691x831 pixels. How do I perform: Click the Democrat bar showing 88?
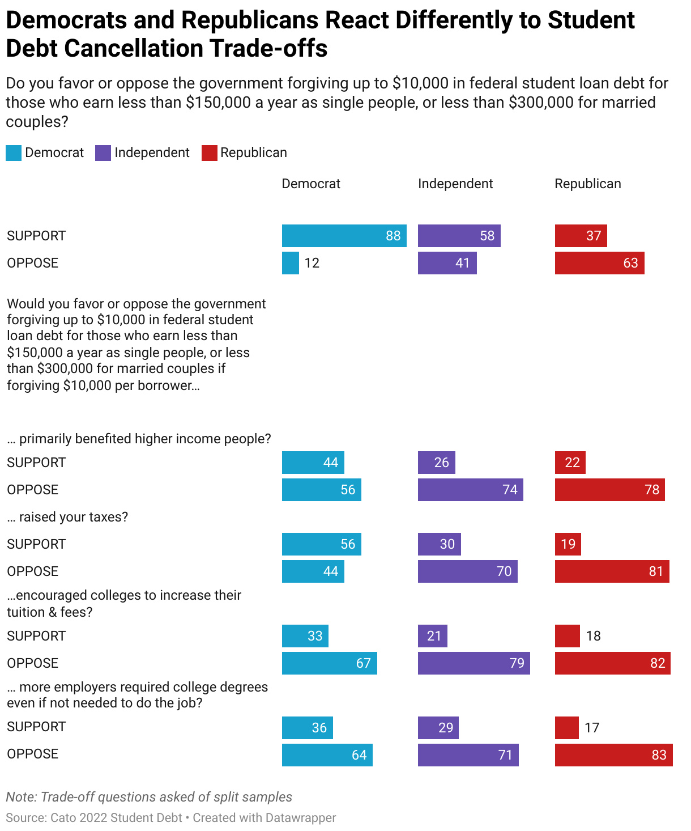[344, 236]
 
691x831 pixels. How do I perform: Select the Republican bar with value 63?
[599, 263]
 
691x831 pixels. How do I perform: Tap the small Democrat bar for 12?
[290, 263]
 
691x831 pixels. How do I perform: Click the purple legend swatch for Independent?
[103, 153]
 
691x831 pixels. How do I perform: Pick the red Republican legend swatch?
[209, 153]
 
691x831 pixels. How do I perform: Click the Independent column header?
[455, 184]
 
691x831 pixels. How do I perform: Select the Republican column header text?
[587, 184]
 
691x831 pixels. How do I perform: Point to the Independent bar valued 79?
[474, 663]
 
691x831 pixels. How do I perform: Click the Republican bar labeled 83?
[613, 755]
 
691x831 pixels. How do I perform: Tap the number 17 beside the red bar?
[592, 728]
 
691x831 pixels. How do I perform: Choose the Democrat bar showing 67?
[329, 663]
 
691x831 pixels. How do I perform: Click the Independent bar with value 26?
[436, 463]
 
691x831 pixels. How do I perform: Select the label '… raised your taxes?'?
[67, 517]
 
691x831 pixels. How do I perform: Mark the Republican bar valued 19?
[568, 544]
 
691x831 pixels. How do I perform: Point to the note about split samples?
[149, 797]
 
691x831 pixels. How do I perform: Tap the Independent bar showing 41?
[447, 263]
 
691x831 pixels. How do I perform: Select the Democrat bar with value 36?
[307, 728]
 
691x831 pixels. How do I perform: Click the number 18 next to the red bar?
[593, 636]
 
